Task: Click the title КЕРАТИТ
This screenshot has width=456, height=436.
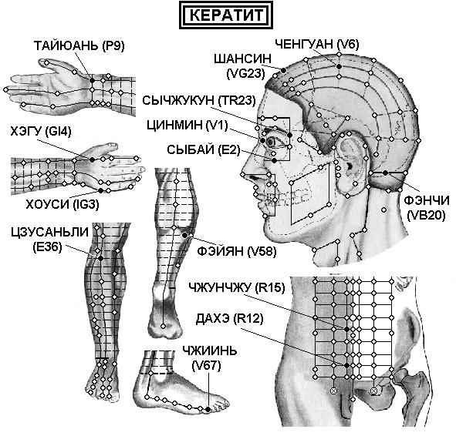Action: coord(226,15)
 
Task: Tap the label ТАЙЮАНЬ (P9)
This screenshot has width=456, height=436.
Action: coord(79,46)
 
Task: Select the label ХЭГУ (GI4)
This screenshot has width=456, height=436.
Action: coord(41,132)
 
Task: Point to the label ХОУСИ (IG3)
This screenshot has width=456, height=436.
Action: coord(62,205)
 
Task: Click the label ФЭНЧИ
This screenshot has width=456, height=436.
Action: coord(427,200)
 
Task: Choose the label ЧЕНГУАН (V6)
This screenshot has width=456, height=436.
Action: coord(317,44)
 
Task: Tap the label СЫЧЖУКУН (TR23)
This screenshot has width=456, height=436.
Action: coord(199,100)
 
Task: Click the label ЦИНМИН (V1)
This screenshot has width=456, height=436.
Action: coord(187,125)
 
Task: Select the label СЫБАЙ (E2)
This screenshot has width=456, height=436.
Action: coord(204,149)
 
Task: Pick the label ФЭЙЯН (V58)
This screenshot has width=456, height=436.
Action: coord(236,251)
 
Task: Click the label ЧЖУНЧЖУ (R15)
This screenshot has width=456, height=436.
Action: coord(236,287)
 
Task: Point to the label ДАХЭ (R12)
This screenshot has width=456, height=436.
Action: coord(229,319)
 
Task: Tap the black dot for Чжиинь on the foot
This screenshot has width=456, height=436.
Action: coord(208,409)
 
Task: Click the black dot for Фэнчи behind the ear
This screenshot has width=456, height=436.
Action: coord(385,173)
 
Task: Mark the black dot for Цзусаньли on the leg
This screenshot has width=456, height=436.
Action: coord(100,258)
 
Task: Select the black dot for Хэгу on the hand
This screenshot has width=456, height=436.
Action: coord(92,159)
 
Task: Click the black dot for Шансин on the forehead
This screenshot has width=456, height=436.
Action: coord(283,70)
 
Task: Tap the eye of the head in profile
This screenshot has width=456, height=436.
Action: coord(272,142)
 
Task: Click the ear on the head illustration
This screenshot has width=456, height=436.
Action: coord(350,163)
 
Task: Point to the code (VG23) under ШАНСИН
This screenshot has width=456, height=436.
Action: coord(245,73)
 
